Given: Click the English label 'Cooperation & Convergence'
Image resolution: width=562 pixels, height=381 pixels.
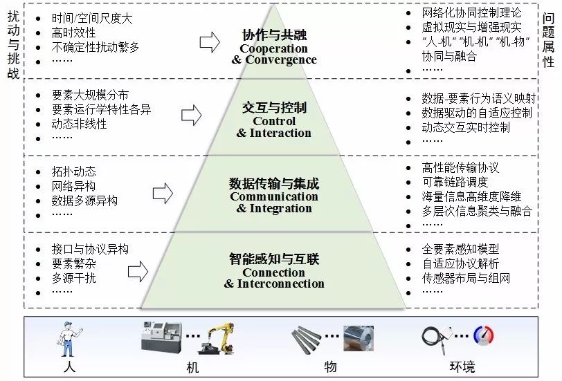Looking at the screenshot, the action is coord(274,54).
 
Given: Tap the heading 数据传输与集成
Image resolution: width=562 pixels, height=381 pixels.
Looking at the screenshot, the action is coord(274,183).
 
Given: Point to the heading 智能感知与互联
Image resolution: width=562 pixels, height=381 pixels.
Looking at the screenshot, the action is coord(274,259).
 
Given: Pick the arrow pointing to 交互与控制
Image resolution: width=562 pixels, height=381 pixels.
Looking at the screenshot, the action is coord(192,115).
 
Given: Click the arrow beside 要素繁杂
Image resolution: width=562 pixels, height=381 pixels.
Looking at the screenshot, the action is coord(138,271).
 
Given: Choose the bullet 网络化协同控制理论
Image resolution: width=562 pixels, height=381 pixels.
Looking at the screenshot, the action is coord(471,12).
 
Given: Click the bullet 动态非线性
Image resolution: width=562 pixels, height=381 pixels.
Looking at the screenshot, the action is coord(79,124).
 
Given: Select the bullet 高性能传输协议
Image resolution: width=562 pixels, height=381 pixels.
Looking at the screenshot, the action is coord(460,168).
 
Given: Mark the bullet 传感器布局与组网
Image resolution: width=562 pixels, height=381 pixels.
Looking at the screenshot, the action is coord(466,278).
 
